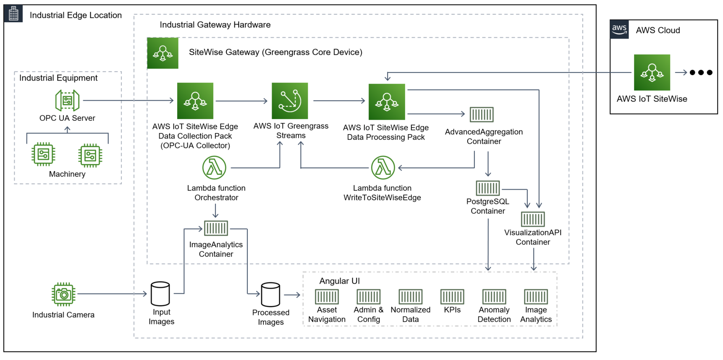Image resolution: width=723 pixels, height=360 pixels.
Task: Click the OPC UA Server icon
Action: [x=67, y=101]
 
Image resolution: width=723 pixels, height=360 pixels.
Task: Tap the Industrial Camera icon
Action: [x=63, y=294]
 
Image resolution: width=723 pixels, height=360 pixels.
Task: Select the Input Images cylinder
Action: [x=160, y=294]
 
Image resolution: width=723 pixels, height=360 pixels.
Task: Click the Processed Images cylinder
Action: [x=270, y=295]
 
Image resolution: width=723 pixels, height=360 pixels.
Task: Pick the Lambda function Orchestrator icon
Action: [x=214, y=168]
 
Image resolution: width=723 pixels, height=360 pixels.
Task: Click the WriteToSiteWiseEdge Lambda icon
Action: [x=383, y=168]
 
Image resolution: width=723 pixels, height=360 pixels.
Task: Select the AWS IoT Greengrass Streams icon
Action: [x=290, y=101]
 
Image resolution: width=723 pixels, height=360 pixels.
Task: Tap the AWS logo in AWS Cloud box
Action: [x=619, y=29]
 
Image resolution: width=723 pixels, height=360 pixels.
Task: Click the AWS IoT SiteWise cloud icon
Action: [x=652, y=73]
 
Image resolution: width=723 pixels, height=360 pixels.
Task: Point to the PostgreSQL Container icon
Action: [x=488, y=188]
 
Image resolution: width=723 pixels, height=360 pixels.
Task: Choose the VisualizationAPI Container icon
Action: [x=533, y=219]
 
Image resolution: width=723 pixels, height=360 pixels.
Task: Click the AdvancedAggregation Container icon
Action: [x=482, y=114]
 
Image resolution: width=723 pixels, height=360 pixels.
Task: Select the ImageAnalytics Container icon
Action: [x=216, y=228]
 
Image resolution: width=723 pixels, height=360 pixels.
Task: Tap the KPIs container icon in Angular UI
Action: [x=452, y=297]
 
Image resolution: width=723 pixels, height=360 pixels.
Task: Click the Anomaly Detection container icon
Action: [x=494, y=297]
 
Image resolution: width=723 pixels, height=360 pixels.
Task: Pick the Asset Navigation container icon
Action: [x=327, y=297]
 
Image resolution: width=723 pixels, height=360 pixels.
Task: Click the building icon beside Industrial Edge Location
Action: [x=13, y=14]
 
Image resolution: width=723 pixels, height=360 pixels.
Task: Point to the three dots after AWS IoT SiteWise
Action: [x=701, y=73]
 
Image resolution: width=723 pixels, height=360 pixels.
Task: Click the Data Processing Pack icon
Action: [x=387, y=102]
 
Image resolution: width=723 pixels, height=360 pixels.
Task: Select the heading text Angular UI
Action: [x=339, y=281]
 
